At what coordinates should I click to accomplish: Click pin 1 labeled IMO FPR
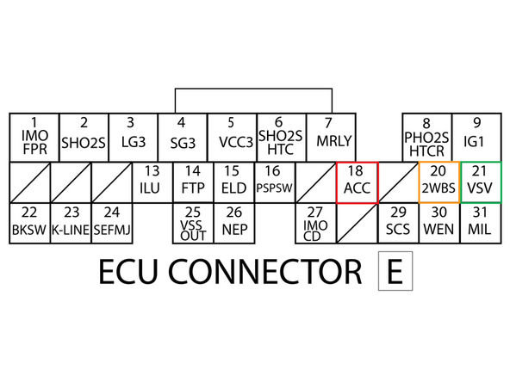coord(34,137)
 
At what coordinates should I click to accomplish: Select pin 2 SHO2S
coord(84,137)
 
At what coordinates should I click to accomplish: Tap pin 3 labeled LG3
coord(131,137)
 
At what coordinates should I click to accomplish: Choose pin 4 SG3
coord(181,137)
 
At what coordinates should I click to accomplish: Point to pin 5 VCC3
coord(231,137)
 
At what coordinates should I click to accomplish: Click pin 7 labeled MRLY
coord(328,137)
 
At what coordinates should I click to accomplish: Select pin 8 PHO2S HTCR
coord(426,137)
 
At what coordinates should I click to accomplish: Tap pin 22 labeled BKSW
coord(29,223)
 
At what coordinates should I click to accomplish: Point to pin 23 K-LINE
coord(71,223)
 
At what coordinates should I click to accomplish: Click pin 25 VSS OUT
coord(192,223)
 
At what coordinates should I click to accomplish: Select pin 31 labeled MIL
coord(480,223)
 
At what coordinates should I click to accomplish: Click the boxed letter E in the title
coord(395,272)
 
